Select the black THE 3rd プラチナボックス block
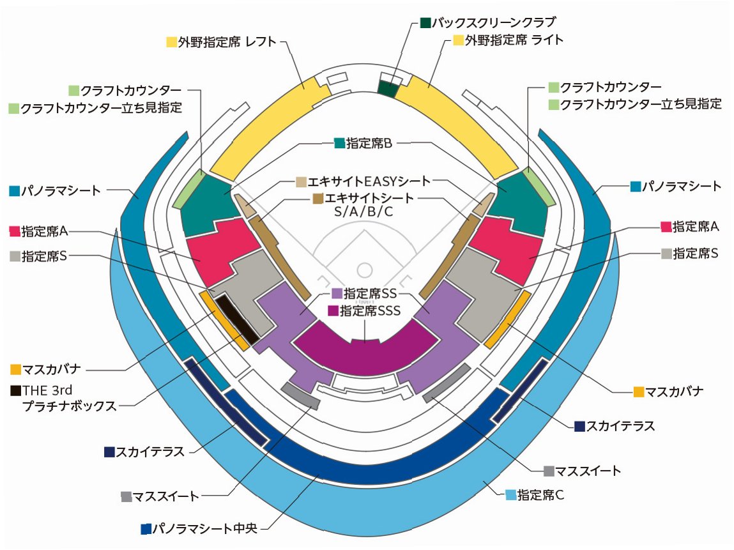[x=237, y=317]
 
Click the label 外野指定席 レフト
[x=227, y=42]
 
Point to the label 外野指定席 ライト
[x=515, y=40]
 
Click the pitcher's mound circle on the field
[x=364, y=269]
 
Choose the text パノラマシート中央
[x=204, y=529]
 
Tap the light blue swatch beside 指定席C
[x=510, y=494]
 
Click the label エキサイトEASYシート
[x=369, y=181]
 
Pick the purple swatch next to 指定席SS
[x=337, y=294]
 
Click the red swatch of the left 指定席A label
[x=15, y=230]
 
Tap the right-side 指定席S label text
[x=696, y=253]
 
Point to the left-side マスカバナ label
[x=55, y=369]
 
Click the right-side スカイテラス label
[x=620, y=426]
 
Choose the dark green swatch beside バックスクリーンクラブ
[x=425, y=23]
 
